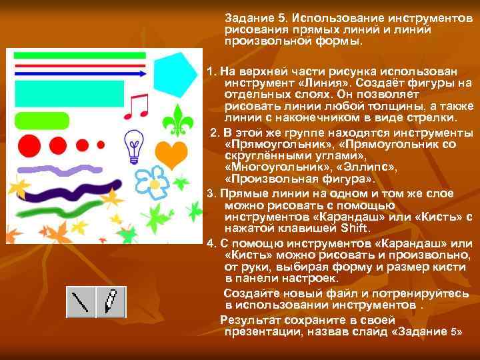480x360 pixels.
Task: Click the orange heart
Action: pos(175,154)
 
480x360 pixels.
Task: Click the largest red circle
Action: pos(29,144)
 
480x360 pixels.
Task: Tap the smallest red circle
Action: pos(101,144)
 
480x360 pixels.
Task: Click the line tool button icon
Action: pos(81,301)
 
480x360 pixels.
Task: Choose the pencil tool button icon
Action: pos(111,301)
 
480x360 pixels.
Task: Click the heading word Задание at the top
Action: pos(250,17)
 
